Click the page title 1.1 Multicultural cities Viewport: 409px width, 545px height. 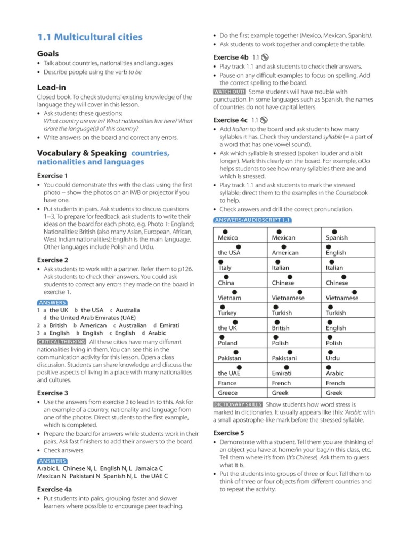pos(89,37)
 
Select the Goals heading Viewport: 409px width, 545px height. pos(48,54)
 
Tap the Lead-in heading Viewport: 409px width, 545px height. pos(52,87)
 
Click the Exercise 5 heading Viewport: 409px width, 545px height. pos(228,433)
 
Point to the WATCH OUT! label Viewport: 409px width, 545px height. pos(229,92)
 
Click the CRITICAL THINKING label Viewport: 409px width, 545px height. pos(61,341)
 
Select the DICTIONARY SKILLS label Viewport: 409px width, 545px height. pos(237,404)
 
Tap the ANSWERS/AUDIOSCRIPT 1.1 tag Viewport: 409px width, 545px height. pos(252,220)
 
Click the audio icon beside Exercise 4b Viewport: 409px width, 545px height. pos(265,57)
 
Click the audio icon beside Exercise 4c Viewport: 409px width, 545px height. pos(265,120)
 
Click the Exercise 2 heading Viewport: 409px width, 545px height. pos(53,260)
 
